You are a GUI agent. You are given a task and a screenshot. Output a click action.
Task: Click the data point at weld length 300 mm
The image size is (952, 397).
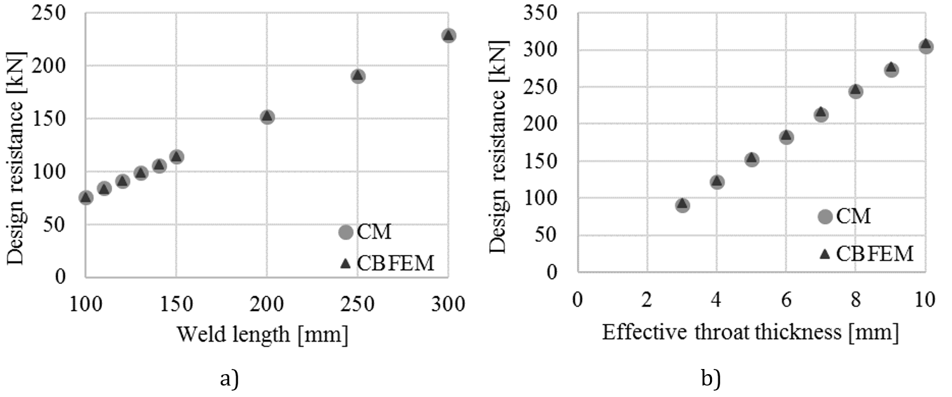point(448,36)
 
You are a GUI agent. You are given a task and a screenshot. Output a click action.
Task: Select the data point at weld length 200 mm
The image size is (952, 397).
point(267,117)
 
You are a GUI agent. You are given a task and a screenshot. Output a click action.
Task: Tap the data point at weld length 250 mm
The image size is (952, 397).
point(358,76)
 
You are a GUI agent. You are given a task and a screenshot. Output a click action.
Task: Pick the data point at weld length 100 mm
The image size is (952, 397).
point(86,198)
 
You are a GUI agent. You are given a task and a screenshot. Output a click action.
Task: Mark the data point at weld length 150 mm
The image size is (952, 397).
point(177,157)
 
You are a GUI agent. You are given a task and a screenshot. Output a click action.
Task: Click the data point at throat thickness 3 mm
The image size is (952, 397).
point(682,205)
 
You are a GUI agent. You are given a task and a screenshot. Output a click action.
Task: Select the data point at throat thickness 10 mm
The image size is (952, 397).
point(926,46)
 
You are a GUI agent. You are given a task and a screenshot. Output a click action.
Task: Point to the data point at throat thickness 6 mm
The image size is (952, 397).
point(786,137)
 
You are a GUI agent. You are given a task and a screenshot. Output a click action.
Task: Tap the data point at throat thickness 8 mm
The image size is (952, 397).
point(856,91)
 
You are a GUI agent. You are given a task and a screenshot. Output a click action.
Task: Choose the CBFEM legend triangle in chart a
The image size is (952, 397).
point(346,263)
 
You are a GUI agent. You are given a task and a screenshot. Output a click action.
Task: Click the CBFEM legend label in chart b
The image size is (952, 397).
point(875,254)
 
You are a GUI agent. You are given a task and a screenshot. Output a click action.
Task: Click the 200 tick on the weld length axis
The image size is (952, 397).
point(267,303)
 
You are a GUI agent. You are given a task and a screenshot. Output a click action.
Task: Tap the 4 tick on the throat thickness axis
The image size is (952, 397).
point(716,299)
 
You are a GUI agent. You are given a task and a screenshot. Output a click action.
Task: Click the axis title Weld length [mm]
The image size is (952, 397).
point(262,334)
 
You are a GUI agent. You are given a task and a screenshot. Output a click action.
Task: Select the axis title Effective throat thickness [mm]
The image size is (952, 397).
point(750,331)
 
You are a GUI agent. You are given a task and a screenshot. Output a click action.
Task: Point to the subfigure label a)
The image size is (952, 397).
point(229,379)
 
